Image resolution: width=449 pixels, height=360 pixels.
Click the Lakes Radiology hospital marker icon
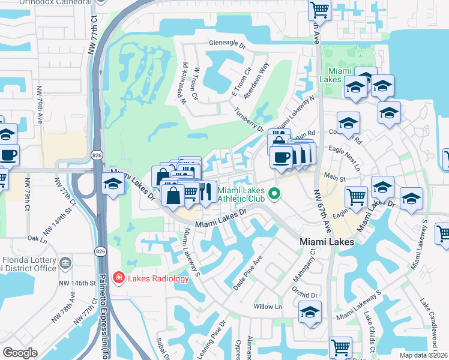tap(119, 278)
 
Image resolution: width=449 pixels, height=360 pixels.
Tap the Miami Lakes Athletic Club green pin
tap(275, 193)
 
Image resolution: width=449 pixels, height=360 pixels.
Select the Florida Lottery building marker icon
tap(65, 262)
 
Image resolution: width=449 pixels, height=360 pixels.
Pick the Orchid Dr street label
tap(306, 295)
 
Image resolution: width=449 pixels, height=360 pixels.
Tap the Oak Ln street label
tap(37, 238)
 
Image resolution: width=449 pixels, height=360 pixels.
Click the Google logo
tap(20, 353)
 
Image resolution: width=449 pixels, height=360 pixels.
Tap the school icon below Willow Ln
tap(310, 313)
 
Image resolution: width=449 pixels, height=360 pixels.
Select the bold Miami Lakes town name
tap(326, 241)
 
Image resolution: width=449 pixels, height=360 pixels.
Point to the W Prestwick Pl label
tap(183, 83)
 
